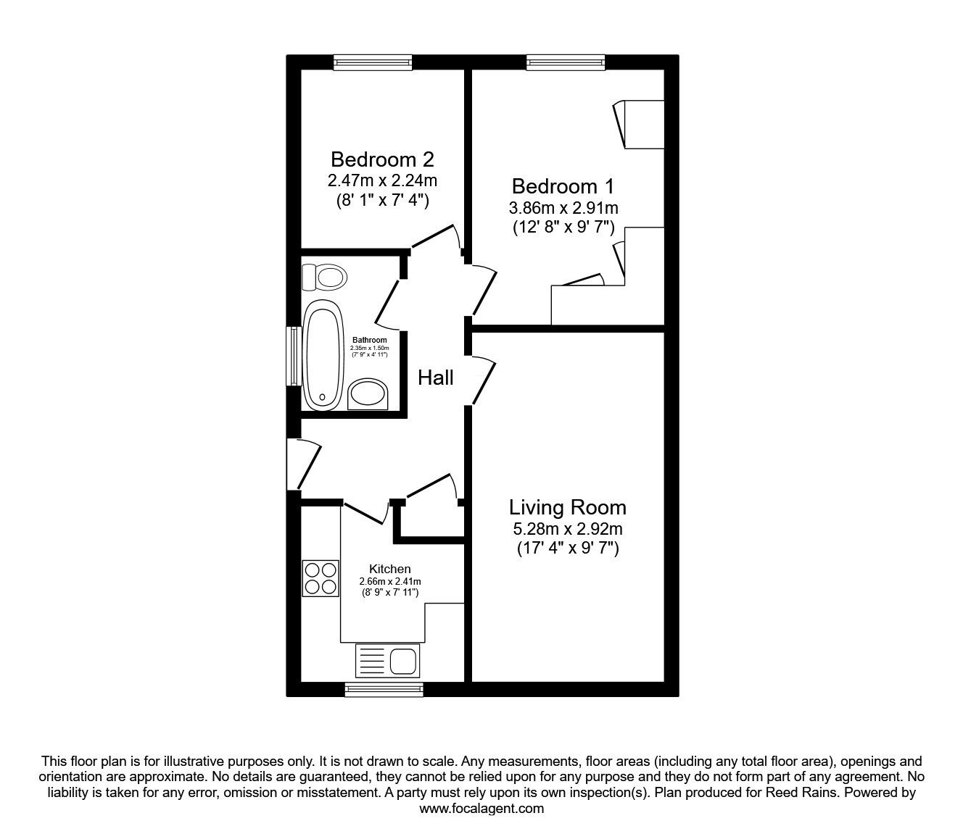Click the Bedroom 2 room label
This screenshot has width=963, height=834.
[x=382, y=159]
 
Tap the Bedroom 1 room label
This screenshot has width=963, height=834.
[x=563, y=186]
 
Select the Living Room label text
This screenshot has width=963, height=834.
[x=567, y=507]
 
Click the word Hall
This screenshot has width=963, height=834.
[x=436, y=378]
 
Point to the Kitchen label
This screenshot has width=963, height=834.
[x=390, y=569]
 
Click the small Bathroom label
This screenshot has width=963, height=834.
[x=370, y=340]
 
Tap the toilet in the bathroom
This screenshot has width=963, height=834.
[x=326, y=276]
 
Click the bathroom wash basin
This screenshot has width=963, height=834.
[x=369, y=394]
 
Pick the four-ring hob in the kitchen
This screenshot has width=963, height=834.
[x=321, y=578]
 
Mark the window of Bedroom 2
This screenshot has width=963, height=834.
[x=373, y=63]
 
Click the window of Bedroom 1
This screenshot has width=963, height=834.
[x=566, y=63]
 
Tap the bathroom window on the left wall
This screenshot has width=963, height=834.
[x=294, y=356]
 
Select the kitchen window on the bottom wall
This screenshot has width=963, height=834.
[x=384, y=689]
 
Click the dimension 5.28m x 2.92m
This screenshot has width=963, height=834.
[x=567, y=530]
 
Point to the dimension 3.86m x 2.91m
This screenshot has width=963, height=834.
[x=563, y=208]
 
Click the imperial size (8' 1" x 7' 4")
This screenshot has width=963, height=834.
[x=382, y=200]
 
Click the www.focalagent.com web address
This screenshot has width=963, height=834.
[x=481, y=809]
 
